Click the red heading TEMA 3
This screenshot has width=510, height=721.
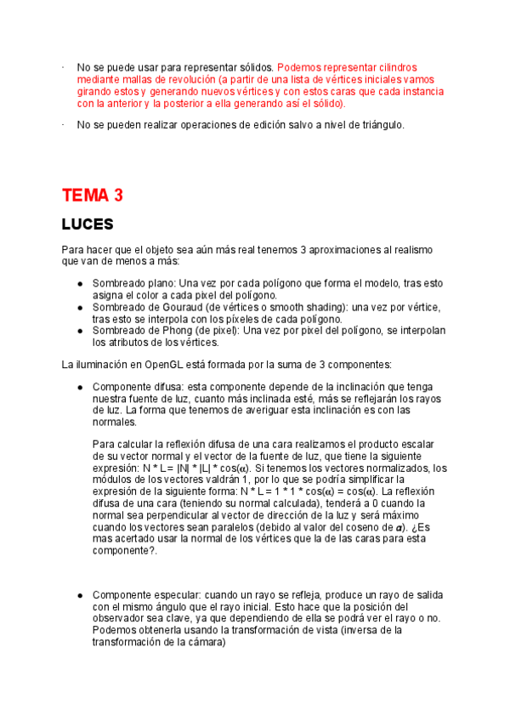point(93,196)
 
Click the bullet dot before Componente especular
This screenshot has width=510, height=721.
point(80,594)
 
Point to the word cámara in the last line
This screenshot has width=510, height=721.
point(202,643)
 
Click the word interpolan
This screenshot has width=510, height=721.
point(419,331)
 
